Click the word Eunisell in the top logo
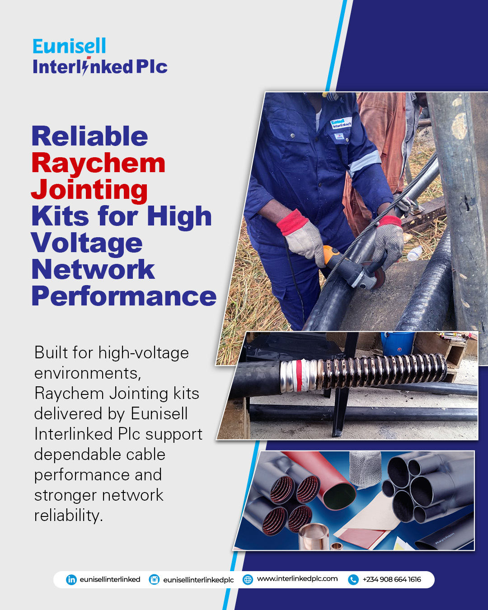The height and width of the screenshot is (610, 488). pyautogui.click(x=69, y=46)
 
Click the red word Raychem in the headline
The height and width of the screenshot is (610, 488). pyautogui.click(x=99, y=163)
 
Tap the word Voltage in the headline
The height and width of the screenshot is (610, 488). pyautogui.click(x=87, y=244)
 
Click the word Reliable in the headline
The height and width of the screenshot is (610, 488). pyautogui.click(x=89, y=136)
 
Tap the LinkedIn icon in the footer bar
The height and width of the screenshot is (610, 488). pyautogui.click(x=71, y=580)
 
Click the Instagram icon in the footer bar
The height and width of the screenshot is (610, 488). pyautogui.click(x=154, y=580)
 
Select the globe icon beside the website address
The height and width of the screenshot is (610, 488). pyautogui.click(x=248, y=580)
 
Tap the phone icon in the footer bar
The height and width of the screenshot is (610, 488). pyautogui.click(x=353, y=580)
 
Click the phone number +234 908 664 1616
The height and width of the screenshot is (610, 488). pyautogui.click(x=392, y=579)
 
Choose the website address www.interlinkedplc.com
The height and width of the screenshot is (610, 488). pyautogui.click(x=297, y=579)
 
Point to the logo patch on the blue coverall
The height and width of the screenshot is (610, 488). pyautogui.click(x=341, y=123)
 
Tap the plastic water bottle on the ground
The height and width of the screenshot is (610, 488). pyautogui.click(x=414, y=253)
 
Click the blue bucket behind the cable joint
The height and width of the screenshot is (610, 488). pyautogui.click(x=397, y=343)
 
